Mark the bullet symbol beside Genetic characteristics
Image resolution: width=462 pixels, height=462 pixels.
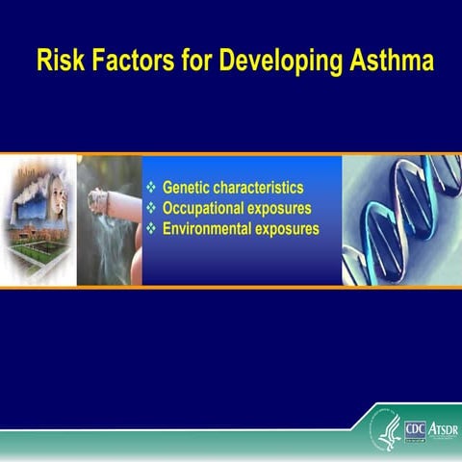pyautogui.click(x=150, y=187)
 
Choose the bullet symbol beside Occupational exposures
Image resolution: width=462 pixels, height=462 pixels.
pyautogui.click(x=150, y=208)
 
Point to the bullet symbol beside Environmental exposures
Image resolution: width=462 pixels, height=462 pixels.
pyautogui.click(x=150, y=229)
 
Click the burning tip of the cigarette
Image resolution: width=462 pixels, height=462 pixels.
pyautogui.click(x=94, y=200)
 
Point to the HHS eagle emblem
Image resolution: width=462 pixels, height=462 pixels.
pyautogui.click(x=389, y=428)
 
